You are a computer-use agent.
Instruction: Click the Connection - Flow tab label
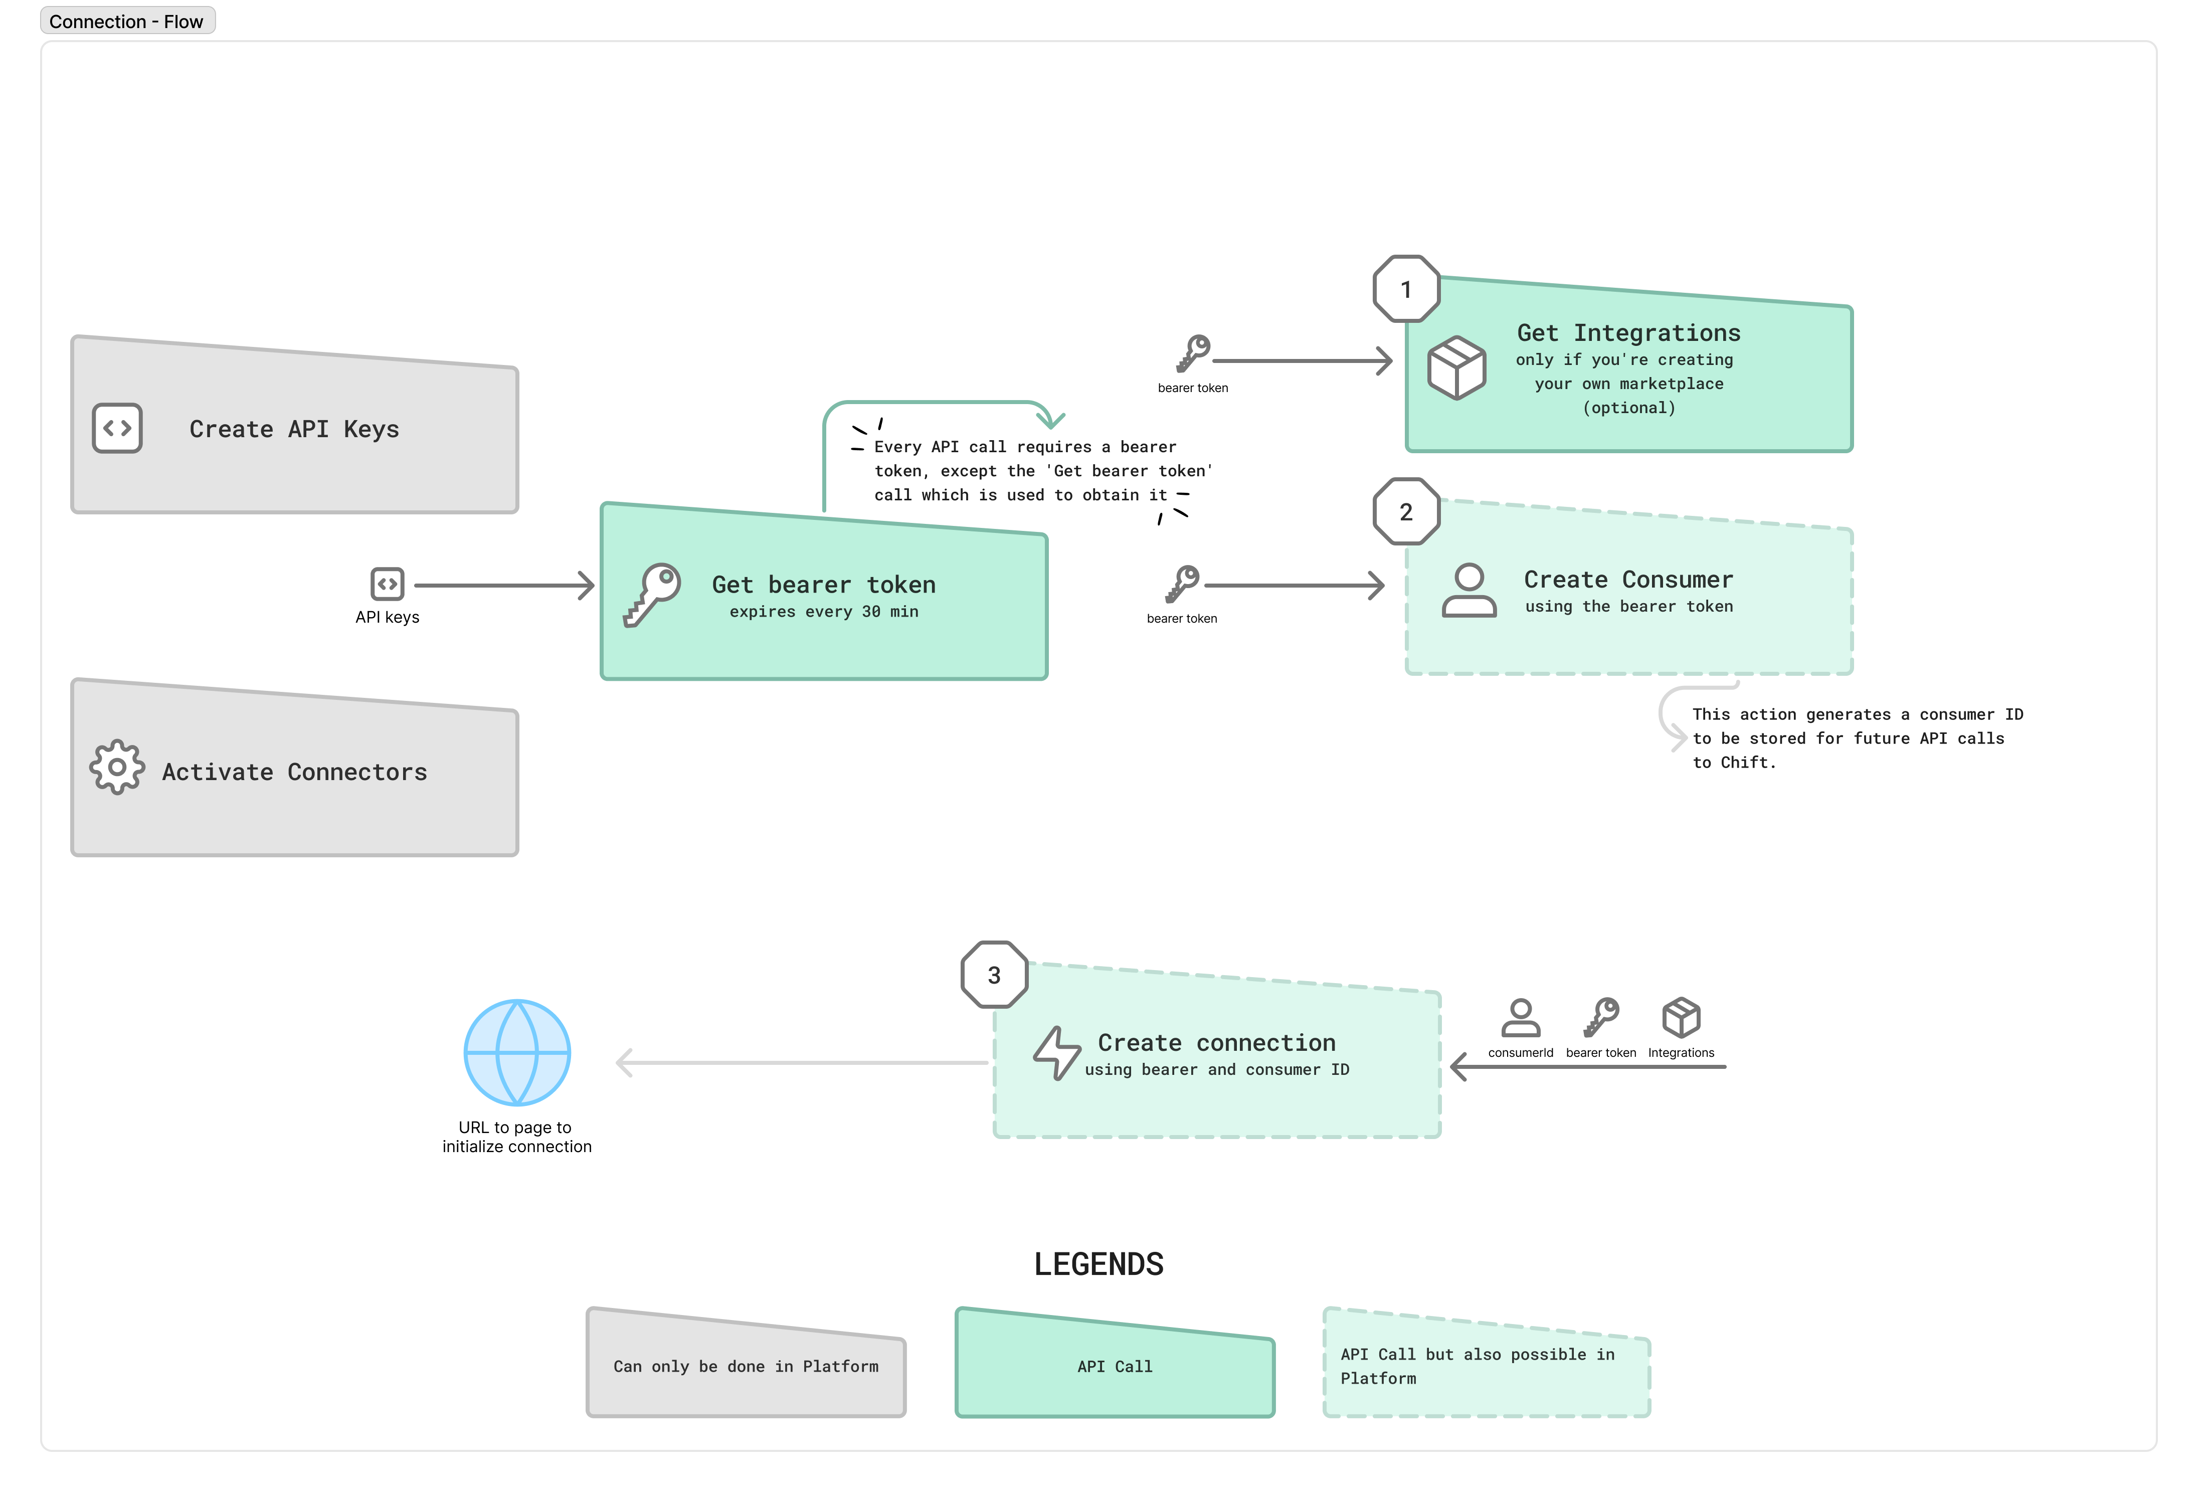[x=127, y=21]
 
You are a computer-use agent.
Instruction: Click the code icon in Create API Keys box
[x=117, y=428]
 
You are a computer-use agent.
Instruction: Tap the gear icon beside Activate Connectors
[x=117, y=767]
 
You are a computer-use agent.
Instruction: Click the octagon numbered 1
[x=1405, y=289]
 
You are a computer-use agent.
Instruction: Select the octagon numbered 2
[x=1405, y=511]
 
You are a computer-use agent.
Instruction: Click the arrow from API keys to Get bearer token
[x=503, y=585]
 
